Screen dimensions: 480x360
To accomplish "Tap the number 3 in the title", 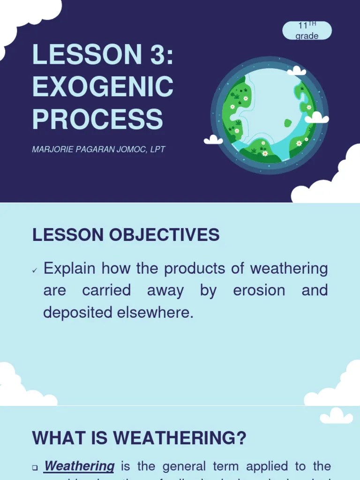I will (157, 55).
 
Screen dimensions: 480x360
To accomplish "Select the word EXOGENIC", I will (103, 86).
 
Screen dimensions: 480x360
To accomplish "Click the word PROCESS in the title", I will (97, 119).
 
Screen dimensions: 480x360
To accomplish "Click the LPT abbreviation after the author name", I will (157, 150).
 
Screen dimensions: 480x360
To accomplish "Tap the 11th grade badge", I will (307, 31).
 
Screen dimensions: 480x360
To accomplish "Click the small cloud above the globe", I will (296, 71).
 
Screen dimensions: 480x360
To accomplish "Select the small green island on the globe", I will (288, 123).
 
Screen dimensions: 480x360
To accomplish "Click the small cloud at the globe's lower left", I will (213, 140).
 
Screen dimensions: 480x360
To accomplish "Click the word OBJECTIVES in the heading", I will (165, 234).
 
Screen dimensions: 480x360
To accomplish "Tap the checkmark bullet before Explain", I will (35, 270).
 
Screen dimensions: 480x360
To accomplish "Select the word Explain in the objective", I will (69, 269).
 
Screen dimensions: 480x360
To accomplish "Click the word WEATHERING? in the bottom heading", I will (180, 438).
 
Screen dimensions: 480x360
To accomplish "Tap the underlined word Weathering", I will (79, 466).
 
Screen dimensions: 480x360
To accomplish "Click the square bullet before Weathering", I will (35, 467).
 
